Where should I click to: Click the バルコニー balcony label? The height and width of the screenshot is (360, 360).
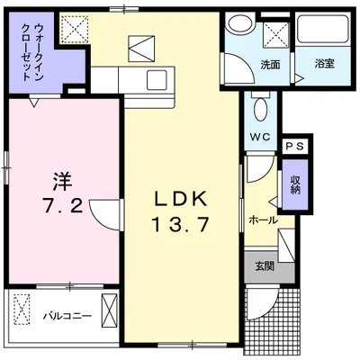(x=67, y=316)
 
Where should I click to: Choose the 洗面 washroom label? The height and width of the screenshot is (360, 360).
(x=269, y=65)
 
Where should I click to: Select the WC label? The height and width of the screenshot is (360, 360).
(x=260, y=138)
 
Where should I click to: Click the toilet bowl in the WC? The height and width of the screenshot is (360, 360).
(x=260, y=109)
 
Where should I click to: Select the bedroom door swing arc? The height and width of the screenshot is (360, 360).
(x=104, y=216)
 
